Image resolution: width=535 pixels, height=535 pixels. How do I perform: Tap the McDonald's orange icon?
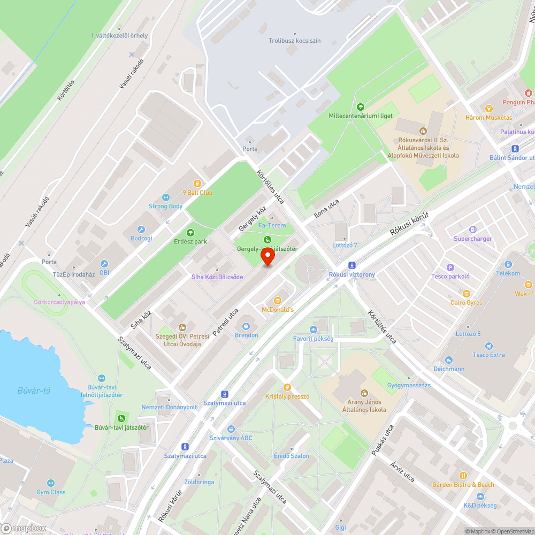(278, 301)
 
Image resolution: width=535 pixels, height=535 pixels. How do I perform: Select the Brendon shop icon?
(246, 326)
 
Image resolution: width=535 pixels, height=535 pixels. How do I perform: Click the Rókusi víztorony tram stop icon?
(351, 265)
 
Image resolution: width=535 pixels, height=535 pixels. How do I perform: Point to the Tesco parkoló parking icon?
(450, 267)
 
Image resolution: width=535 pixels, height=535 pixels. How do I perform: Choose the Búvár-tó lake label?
(33, 391)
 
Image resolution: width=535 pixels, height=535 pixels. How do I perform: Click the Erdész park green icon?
(190, 232)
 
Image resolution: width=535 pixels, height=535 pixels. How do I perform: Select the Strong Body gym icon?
(165, 197)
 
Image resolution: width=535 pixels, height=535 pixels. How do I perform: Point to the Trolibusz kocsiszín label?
(294, 41)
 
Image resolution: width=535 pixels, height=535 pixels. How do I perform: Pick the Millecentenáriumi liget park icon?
(360, 107)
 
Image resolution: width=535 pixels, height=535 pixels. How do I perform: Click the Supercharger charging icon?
(472, 230)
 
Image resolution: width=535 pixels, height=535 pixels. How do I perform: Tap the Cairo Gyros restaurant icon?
(466, 294)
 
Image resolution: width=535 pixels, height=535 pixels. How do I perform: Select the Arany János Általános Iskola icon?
(364, 393)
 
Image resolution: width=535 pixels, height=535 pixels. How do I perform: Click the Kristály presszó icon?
(287, 387)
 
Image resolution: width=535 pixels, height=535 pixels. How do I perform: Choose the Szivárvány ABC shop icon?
(231, 429)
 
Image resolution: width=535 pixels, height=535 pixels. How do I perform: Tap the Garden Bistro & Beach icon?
(463, 475)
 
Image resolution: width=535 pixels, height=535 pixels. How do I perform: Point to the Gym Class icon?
(51, 483)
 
